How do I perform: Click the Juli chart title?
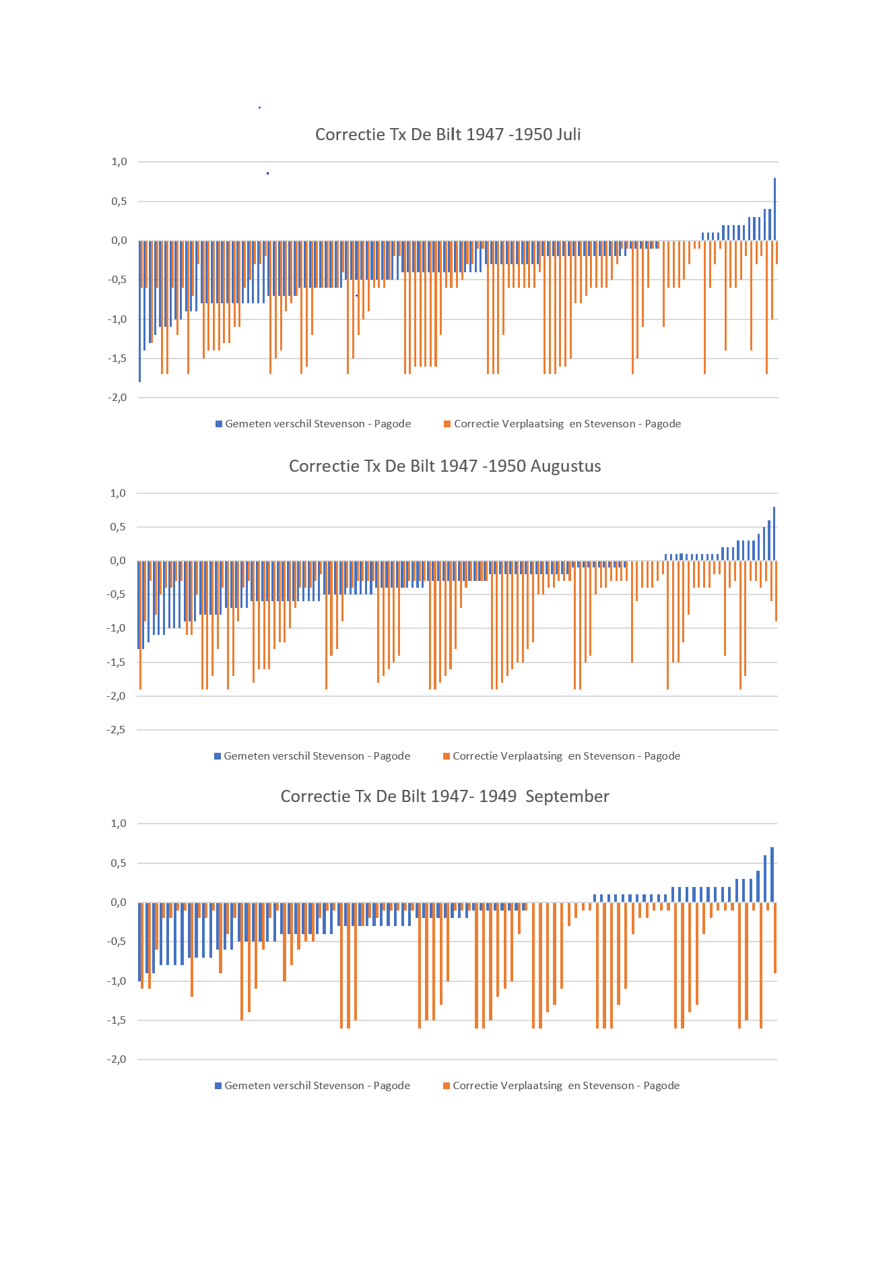click(448, 134)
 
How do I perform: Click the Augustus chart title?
click(444, 466)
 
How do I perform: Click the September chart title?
click(444, 796)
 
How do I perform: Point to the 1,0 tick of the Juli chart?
click(119, 162)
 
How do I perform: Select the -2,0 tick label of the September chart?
click(117, 1059)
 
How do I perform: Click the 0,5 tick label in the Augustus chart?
click(119, 527)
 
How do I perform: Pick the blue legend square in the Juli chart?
click(219, 424)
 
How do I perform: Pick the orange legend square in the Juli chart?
click(447, 424)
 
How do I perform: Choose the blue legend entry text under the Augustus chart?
click(317, 756)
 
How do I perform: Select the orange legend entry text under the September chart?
click(566, 1085)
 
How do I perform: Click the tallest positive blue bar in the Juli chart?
click(774, 209)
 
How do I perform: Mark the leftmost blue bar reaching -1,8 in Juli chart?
click(140, 310)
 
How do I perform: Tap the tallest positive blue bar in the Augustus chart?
click(774, 534)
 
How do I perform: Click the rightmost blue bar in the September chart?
click(772, 875)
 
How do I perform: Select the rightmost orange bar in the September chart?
click(775, 937)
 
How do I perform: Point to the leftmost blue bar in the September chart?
click(139, 942)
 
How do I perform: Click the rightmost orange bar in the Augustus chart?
click(776, 591)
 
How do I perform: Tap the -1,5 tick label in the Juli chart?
click(117, 359)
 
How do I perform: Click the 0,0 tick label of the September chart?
click(119, 902)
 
